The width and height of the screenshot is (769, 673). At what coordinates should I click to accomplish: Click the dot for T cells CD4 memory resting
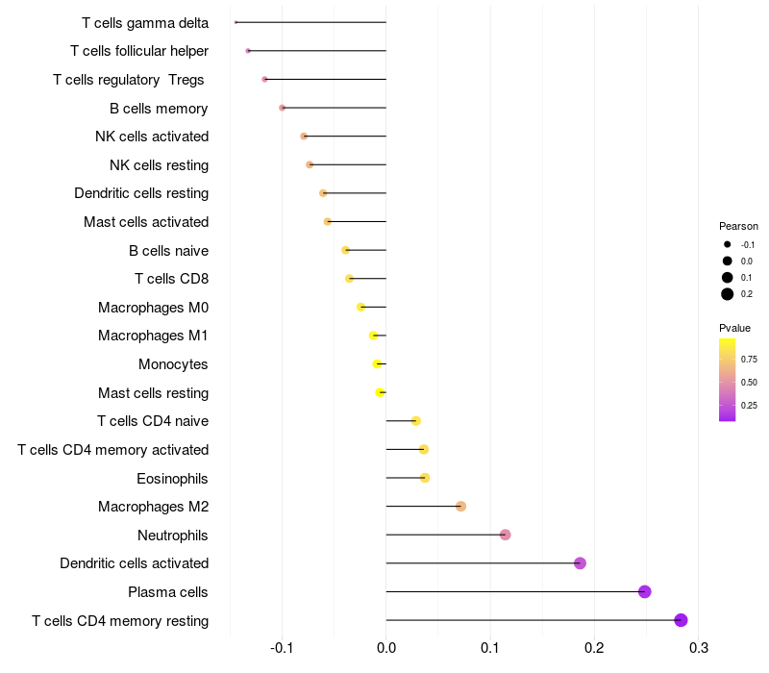point(681,620)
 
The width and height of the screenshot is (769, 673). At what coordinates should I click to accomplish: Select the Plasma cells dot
point(644,591)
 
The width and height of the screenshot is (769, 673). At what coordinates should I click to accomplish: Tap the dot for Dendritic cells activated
point(580,563)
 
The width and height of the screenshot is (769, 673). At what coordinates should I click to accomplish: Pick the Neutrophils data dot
point(506,535)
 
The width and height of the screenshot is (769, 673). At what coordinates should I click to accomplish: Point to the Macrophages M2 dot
point(460,507)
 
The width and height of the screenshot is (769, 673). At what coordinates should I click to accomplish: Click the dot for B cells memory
point(282,108)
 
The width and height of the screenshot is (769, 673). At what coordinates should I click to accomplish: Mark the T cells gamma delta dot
point(236,22)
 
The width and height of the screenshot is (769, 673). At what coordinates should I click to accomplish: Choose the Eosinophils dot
point(425,478)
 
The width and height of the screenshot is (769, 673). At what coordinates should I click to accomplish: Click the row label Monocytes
point(173,364)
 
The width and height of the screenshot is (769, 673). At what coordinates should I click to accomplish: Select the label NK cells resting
point(159,165)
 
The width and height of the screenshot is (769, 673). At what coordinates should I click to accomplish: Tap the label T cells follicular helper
point(139,51)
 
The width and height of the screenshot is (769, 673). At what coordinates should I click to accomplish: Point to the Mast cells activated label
point(146,222)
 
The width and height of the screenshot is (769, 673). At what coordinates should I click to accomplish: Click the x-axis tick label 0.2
point(594,647)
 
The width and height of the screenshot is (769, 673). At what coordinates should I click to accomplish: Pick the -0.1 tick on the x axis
point(281,647)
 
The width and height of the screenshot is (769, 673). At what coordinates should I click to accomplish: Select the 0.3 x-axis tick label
point(699,647)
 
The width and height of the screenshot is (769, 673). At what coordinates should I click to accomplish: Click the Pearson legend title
point(738,226)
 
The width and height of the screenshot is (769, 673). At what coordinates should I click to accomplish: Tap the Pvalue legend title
point(734,328)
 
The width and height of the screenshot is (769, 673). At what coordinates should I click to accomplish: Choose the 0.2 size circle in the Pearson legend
point(728,294)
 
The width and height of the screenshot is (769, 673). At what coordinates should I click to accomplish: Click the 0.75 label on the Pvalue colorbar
point(750,360)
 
